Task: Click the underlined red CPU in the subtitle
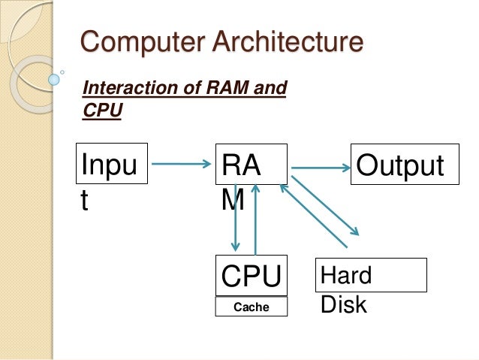102,110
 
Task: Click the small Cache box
252,307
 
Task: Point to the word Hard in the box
346,275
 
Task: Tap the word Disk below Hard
344,304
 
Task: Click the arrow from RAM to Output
321,166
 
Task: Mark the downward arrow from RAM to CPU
236,218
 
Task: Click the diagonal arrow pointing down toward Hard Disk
327,207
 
